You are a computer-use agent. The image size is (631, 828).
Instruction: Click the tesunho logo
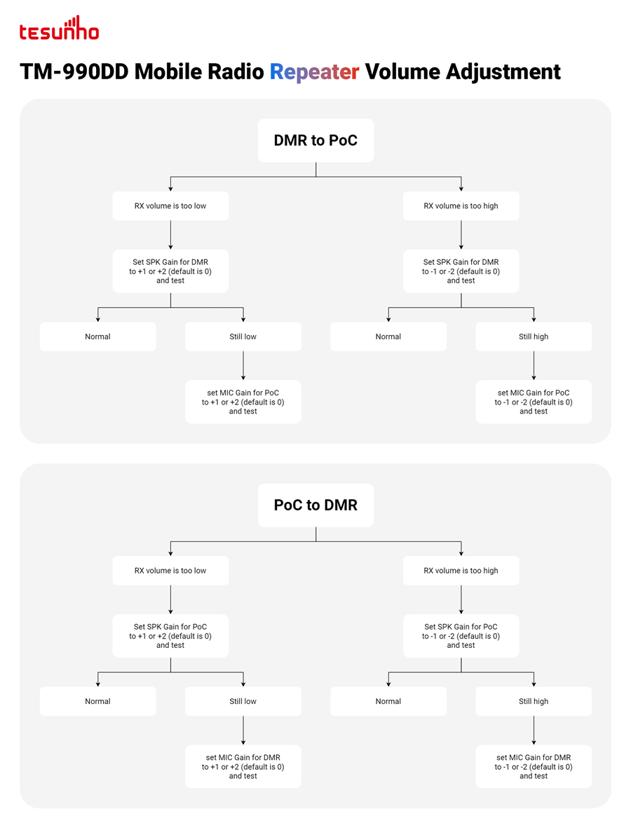coord(59,28)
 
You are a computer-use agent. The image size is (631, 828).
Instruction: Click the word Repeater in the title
coord(314,72)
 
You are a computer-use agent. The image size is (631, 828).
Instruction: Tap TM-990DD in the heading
coord(74,72)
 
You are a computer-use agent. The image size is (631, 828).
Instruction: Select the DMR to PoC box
coord(315,140)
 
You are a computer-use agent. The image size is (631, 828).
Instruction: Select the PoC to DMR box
coord(315,505)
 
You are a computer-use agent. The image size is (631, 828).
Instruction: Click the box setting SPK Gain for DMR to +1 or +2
coord(170,271)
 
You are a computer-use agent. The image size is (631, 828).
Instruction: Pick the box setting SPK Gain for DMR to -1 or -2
coord(461,271)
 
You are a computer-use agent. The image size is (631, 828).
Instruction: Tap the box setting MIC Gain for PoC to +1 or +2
coord(243,402)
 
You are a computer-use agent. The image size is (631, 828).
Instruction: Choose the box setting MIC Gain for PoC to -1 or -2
coord(534,402)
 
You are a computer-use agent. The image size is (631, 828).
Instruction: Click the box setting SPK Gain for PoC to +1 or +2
coord(170,636)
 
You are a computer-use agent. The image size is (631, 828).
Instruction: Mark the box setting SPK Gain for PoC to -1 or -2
coord(461,636)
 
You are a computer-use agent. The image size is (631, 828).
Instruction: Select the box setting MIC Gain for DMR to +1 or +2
coord(243,767)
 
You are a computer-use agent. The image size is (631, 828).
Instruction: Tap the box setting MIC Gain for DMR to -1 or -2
coord(534,767)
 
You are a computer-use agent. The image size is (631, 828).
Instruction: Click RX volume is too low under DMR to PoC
coord(170,206)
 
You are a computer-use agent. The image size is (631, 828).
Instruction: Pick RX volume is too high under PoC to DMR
coord(461,571)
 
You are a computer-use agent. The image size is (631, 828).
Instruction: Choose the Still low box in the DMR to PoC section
coord(243,337)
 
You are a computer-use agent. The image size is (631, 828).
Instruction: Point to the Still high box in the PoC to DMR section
coord(534,701)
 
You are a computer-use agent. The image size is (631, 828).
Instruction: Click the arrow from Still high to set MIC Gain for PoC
coord(534,365)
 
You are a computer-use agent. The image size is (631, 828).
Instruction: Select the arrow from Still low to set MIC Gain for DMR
coord(243,731)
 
